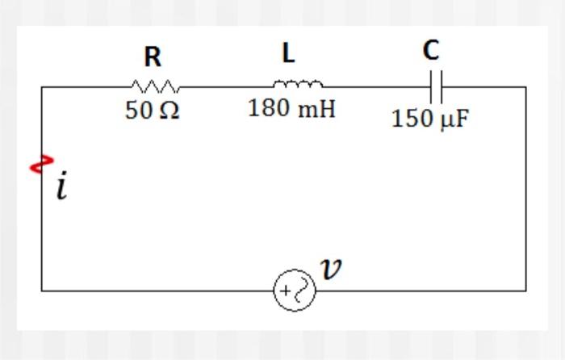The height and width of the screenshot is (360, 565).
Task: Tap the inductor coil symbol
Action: (x=298, y=83)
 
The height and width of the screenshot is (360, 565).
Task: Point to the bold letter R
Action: (x=153, y=57)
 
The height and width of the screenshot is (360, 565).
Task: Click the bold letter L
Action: (x=288, y=53)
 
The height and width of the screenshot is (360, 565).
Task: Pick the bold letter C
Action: (x=431, y=50)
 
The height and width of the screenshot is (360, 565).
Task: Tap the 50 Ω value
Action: (x=152, y=111)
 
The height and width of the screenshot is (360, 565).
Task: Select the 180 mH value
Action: (x=291, y=108)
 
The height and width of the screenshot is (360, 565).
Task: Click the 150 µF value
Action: (x=430, y=119)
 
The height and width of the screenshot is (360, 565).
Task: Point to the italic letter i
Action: (x=62, y=186)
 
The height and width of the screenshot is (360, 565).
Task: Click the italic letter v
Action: (x=330, y=269)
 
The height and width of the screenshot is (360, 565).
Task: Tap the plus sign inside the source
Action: (x=286, y=291)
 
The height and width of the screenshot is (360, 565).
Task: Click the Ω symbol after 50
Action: (x=169, y=111)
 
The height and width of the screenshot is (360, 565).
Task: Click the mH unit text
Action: (x=317, y=108)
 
